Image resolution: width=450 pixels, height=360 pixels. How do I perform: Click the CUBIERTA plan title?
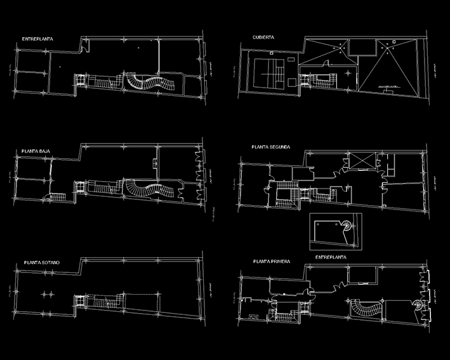click(x=263, y=37)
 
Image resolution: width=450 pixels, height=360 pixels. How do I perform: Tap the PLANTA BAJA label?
click(x=37, y=151)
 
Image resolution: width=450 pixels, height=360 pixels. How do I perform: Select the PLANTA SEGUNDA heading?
click(x=271, y=147)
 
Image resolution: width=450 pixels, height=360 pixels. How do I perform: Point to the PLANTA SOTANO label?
click(x=42, y=262)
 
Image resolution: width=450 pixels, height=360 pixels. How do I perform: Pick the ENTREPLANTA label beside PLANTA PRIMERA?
click(x=331, y=257)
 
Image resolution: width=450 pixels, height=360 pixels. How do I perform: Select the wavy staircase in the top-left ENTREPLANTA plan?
click(x=150, y=83)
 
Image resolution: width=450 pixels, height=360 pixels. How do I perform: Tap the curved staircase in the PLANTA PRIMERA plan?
click(x=364, y=309)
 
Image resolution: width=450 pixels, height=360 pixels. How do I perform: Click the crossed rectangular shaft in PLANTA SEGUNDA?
click(x=360, y=162)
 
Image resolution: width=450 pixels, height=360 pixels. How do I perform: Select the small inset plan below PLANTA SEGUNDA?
click(x=334, y=230)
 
